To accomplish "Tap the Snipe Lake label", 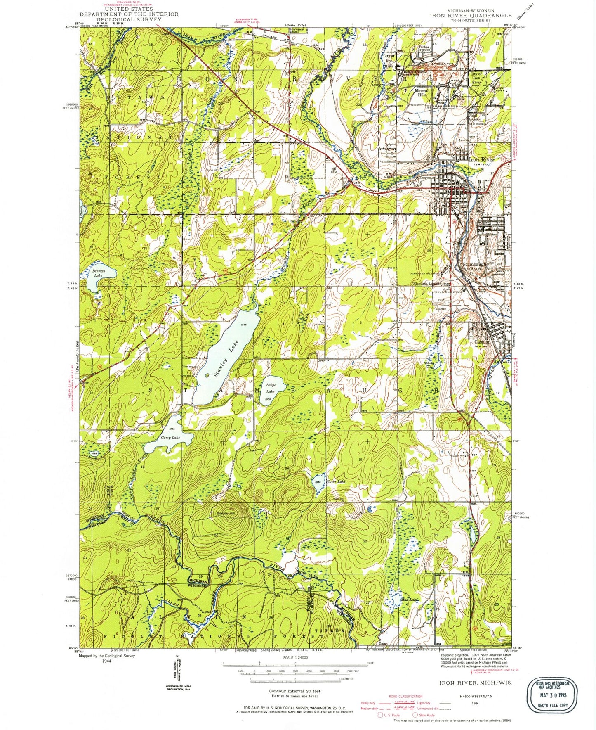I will pyautogui.click(x=271, y=388).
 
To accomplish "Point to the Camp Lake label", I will pyautogui.click(x=170, y=438).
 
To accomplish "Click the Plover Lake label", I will pyautogui.click(x=335, y=481).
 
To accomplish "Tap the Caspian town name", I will pyautogui.click(x=482, y=342).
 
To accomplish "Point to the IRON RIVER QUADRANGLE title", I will pyautogui.click(x=471, y=15).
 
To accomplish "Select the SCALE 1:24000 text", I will pyautogui.click(x=295, y=657).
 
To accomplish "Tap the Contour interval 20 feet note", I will pyautogui.click(x=294, y=691).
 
